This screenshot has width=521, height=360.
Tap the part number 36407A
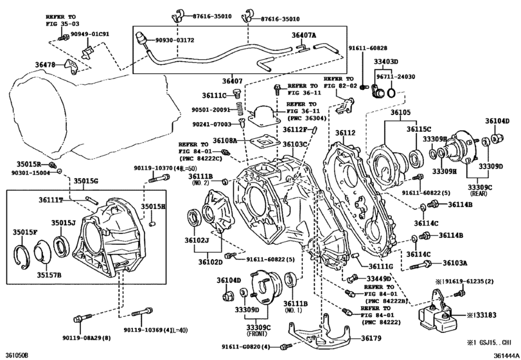304,36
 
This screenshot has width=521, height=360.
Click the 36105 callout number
400,113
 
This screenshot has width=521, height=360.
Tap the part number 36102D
210,262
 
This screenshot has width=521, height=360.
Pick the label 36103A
454,263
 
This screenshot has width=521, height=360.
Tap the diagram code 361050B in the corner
17,354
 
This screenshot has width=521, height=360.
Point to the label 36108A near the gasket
225,139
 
